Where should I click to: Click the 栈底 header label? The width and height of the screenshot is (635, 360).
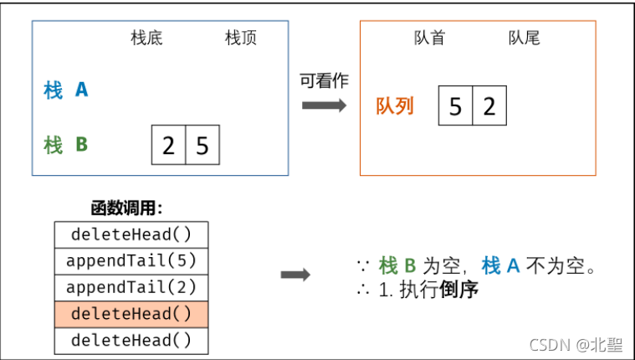146,39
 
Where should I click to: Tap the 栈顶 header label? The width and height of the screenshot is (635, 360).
241,39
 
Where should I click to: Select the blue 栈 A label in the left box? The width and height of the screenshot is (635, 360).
66,90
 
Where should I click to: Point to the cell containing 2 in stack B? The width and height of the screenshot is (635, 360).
169,146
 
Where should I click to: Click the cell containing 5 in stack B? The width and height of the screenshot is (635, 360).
202,146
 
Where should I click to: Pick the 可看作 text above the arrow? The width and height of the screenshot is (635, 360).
325,80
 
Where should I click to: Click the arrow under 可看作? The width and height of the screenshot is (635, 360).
325,105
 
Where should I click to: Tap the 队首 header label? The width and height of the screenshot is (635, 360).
430,39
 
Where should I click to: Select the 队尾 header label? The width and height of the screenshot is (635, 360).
525,39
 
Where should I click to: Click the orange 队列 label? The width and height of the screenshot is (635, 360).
395,107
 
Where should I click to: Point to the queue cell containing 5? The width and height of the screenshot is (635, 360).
455,106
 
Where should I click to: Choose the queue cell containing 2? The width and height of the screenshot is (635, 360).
489,106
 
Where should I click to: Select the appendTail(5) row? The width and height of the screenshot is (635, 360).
131,261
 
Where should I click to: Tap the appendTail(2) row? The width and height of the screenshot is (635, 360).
131,288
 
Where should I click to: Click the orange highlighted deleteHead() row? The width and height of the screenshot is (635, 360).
131,315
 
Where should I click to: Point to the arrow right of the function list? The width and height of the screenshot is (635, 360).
295,275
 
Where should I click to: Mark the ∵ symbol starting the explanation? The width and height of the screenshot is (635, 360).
362,266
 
